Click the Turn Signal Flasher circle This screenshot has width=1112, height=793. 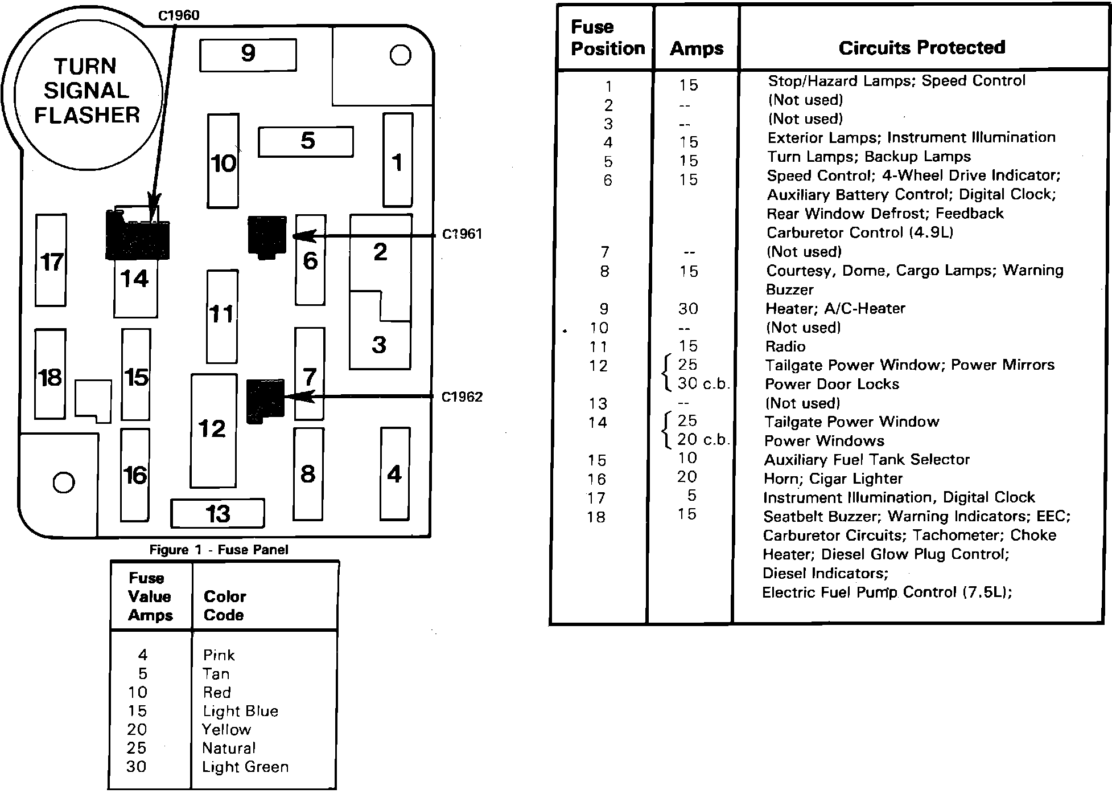tap(87, 91)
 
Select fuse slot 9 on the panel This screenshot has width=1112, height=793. tap(248, 55)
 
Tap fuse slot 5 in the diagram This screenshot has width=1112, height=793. tap(306, 141)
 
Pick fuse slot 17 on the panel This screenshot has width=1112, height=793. tap(51, 260)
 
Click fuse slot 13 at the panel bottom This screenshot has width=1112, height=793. tap(218, 513)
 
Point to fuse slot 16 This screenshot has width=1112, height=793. tap(135, 475)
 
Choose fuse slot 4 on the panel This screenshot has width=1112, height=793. tap(395, 474)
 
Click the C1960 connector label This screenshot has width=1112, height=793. tap(179, 15)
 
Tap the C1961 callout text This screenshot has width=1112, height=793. tap(462, 234)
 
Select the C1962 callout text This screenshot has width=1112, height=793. tap(462, 397)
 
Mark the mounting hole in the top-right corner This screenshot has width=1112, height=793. tap(400, 55)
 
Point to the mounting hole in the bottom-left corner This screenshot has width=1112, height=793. tap(63, 483)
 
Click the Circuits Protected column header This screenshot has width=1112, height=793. tap(921, 48)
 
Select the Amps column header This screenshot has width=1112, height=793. tap(697, 49)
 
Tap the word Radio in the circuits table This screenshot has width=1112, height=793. tap(785, 346)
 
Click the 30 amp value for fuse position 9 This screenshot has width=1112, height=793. tap(687, 309)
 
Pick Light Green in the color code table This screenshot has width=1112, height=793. tap(245, 767)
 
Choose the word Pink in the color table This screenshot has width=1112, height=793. tap(219, 655)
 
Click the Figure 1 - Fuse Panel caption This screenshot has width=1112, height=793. tap(219, 550)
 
